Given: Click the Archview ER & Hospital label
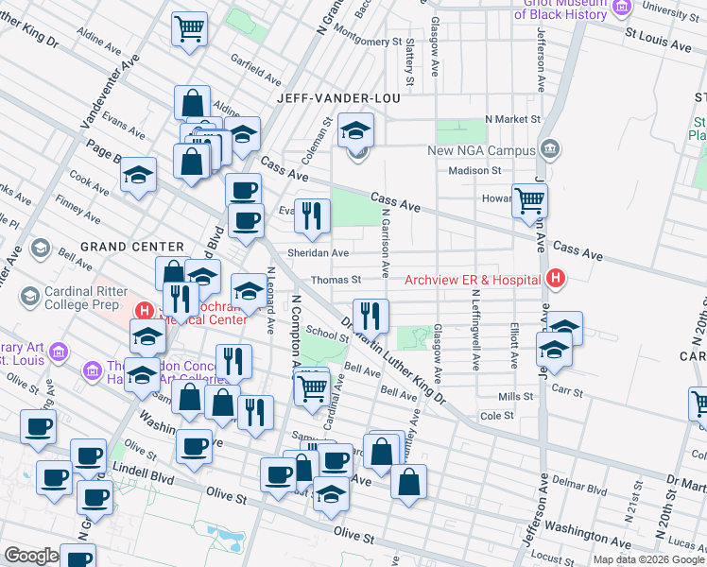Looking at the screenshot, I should [x=472, y=279].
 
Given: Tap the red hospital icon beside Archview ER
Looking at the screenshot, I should [x=556, y=279].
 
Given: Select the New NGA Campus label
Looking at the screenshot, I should [x=481, y=150].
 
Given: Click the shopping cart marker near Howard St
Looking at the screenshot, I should [x=530, y=199].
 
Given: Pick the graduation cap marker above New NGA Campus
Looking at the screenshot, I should [x=356, y=129].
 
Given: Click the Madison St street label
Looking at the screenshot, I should [x=474, y=171].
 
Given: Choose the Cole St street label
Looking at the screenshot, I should [x=496, y=415].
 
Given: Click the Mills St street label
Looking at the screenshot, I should [x=516, y=397].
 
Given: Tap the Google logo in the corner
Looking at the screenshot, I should [x=31, y=556].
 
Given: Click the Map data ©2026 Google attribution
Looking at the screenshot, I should [x=648, y=559].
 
